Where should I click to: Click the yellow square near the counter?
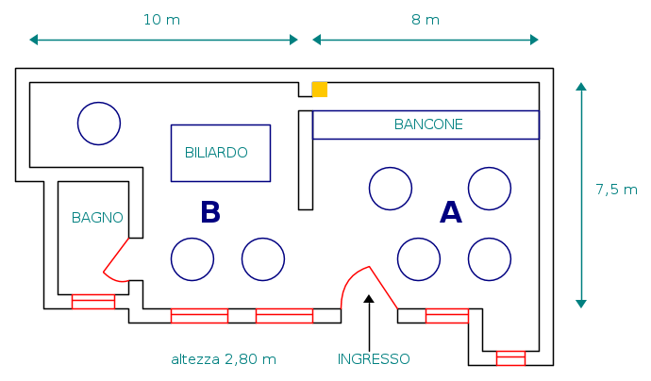320,90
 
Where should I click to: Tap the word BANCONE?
428,124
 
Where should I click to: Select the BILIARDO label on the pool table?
216,152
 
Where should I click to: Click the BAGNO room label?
97,217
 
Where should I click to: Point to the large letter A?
451,213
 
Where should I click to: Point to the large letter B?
209,212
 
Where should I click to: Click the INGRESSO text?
374,358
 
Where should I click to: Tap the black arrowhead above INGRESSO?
369,299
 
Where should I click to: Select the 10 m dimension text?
161,20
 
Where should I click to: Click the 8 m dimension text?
426,20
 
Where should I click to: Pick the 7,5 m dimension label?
616,189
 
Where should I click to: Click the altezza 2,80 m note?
224,359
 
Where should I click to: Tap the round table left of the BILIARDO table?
98,124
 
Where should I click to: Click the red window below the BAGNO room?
92,302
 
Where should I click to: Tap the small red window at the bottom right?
510,357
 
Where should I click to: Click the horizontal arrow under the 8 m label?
426,40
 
